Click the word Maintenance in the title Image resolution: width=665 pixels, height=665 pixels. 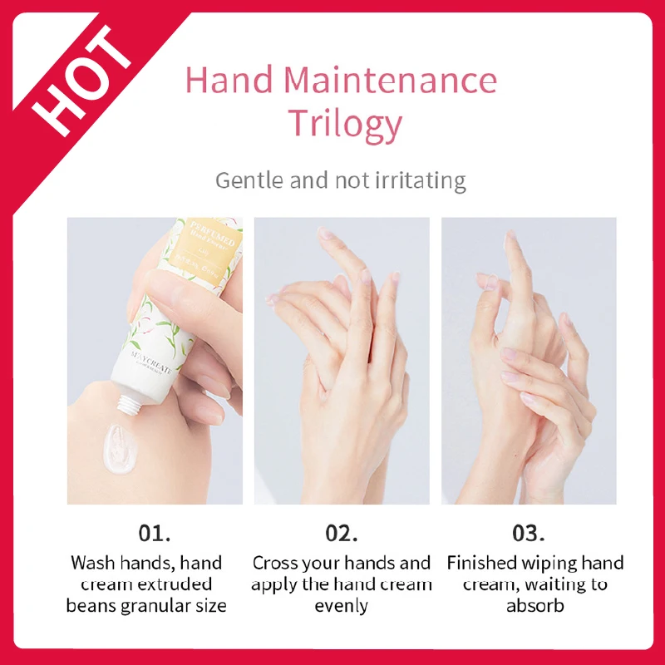390,80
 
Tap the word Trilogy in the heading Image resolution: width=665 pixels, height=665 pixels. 345,123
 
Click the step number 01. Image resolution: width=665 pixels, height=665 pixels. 155,533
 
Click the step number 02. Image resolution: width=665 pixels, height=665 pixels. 342,533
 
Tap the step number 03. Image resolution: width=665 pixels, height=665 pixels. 529,533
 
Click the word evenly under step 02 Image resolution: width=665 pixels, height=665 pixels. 342,606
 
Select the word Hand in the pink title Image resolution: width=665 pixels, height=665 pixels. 229,80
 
